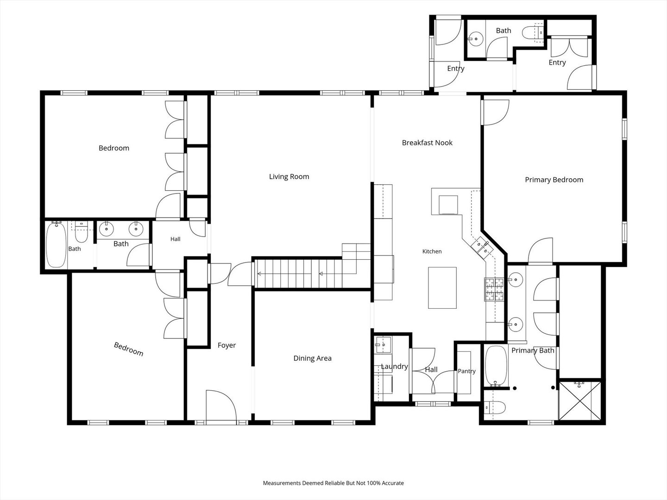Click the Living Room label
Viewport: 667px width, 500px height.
(x=289, y=177)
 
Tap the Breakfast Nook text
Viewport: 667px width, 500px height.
(x=427, y=143)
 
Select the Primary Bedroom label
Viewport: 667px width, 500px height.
(x=554, y=180)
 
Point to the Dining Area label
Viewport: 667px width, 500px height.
(x=312, y=358)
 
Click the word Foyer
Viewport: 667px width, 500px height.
(x=227, y=345)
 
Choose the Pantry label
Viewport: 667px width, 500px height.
(x=467, y=371)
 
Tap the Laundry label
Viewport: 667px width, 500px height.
(x=395, y=366)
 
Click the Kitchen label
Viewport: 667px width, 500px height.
(x=432, y=251)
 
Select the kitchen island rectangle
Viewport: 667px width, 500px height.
(x=442, y=288)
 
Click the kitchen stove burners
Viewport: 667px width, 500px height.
(x=494, y=289)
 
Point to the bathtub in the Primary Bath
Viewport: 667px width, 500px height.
(x=496, y=366)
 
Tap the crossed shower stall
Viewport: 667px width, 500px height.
(x=580, y=401)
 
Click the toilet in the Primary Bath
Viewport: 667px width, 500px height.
(x=494, y=407)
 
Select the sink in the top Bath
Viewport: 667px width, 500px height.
(x=476, y=39)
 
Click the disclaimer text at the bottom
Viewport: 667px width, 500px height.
(x=333, y=483)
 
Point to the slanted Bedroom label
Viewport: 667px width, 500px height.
(x=129, y=349)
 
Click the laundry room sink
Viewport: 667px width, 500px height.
(x=384, y=344)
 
